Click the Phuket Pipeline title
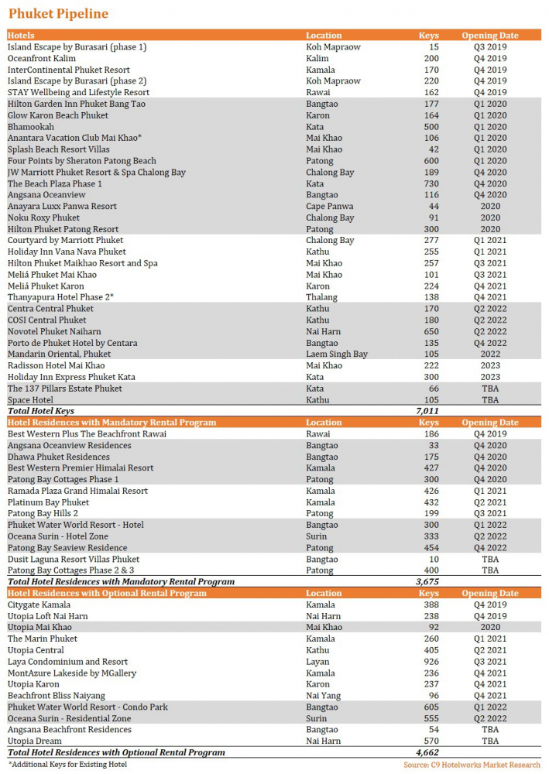[x=58, y=14]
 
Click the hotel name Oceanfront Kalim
[x=42, y=58]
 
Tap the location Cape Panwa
[x=329, y=207]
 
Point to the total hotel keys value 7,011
[x=427, y=411]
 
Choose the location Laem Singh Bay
[x=336, y=354]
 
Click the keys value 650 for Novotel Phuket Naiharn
[x=430, y=331]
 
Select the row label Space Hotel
[x=30, y=400]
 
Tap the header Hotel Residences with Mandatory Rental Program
[x=112, y=423]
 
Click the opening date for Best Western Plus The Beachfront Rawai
[x=489, y=434]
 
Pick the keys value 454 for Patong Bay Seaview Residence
[x=430, y=548]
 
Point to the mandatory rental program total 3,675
[x=427, y=581]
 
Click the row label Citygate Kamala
[x=39, y=604]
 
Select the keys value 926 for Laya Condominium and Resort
[x=430, y=662]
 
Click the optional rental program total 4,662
[x=427, y=752]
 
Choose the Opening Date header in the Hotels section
[x=489, y=36]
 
